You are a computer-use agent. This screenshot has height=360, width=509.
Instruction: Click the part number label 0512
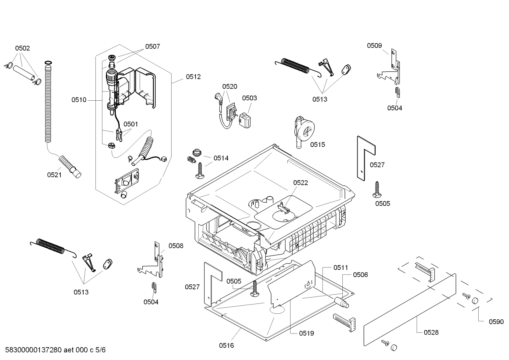[x=193, y=77]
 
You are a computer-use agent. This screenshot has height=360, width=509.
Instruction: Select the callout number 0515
[x=318, y=144]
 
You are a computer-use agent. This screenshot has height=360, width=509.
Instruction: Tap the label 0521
[x=54, y=175]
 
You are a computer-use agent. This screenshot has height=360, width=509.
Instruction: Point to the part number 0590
[x=496, y=321]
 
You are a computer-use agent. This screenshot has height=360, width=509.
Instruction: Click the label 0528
[x=431, y=332]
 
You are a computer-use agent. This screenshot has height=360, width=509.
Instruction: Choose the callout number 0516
[x=226, y=346]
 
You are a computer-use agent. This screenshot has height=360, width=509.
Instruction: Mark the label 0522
[x=300, y=183]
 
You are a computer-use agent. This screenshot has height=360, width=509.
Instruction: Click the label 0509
[x=374, y=45]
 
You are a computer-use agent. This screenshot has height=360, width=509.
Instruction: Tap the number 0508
[x=176, y=246]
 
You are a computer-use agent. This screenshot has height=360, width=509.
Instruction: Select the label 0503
[x=250, y=98]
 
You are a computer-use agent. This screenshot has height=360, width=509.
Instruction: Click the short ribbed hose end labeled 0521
[x=70, y=166]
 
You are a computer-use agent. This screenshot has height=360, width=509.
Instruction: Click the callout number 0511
[x=341, y=268]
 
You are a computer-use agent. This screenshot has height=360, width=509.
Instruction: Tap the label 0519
[x=306, y=333]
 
